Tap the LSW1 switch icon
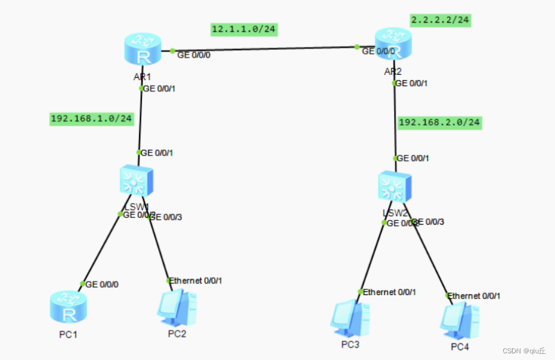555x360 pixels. coord(135,182)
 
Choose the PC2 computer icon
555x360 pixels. coord(177,308)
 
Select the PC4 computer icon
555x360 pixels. coord(460,321)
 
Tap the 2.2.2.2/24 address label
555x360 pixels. coord(440,19)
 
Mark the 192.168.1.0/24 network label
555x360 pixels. coord(91,118)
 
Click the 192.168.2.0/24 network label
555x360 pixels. coord(440,123)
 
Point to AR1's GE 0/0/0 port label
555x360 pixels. coord(194,55)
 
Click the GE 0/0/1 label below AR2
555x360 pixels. coord(411,83)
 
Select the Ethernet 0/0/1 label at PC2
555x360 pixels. coord(196,280)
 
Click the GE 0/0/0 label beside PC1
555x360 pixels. coord(102,284)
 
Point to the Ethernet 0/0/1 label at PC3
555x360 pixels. coord(389,292)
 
